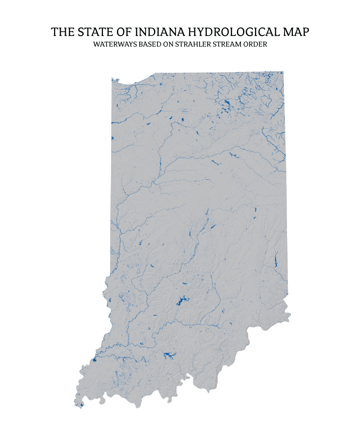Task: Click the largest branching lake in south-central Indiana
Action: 181,301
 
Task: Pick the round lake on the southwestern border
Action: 94,361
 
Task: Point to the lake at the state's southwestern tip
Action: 81,405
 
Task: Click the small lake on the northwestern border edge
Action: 112,138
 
